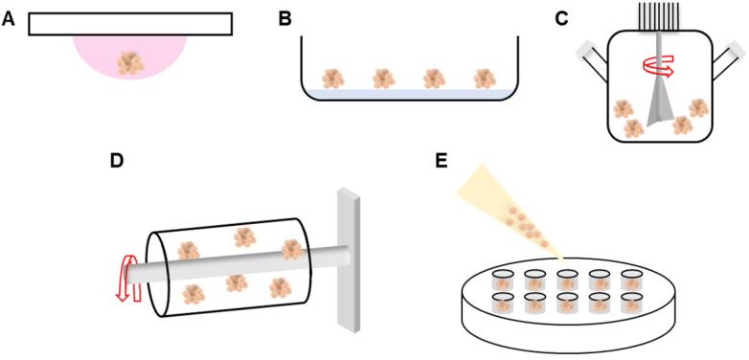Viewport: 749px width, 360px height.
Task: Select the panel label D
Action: tap(116, 160)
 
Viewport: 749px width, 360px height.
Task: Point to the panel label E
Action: tap(441, 160)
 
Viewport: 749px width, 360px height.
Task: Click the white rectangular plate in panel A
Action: tap(130, 24)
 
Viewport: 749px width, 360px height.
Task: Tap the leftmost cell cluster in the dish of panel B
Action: tap(333, 78)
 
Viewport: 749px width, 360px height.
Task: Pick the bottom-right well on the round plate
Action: tap(631, 304)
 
